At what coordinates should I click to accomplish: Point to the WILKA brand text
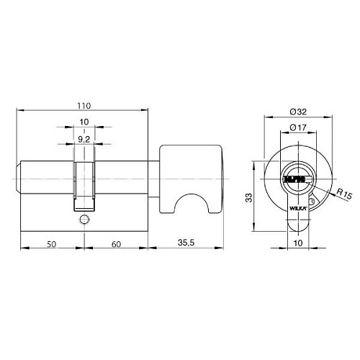coord(297,207)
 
